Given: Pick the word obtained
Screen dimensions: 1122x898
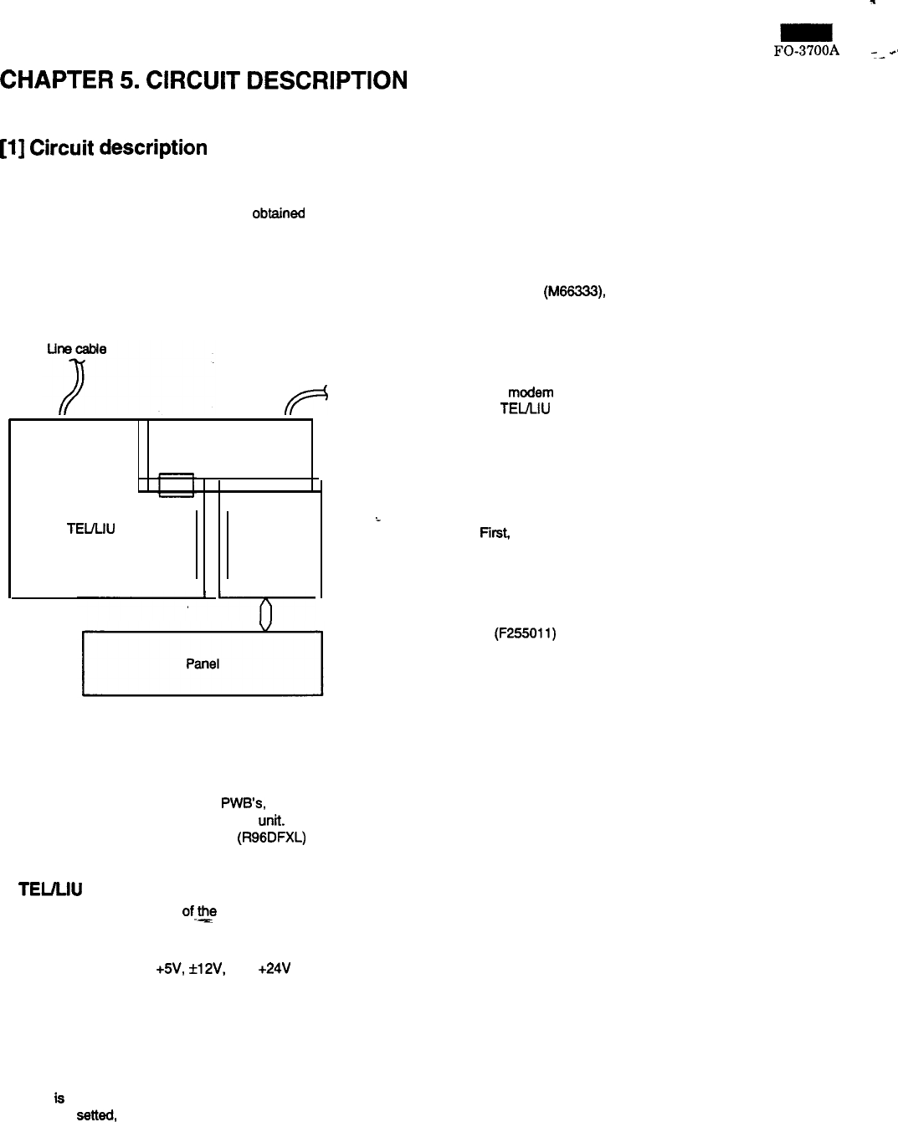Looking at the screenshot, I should pyautogui.click(x=279, y=213).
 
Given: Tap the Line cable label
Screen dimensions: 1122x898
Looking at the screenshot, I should pyautogui.click(x=76, y=349).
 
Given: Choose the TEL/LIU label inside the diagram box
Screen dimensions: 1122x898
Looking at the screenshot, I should pyautogui.click(x=90, y=529).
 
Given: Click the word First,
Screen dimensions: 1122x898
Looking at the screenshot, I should pyautogui.click(x=495, y=533).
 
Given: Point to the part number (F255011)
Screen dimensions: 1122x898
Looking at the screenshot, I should pyautogui.click(x=526, y=633).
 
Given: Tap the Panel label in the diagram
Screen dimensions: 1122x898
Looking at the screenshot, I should pyautogui.click(x=202, y=663).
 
